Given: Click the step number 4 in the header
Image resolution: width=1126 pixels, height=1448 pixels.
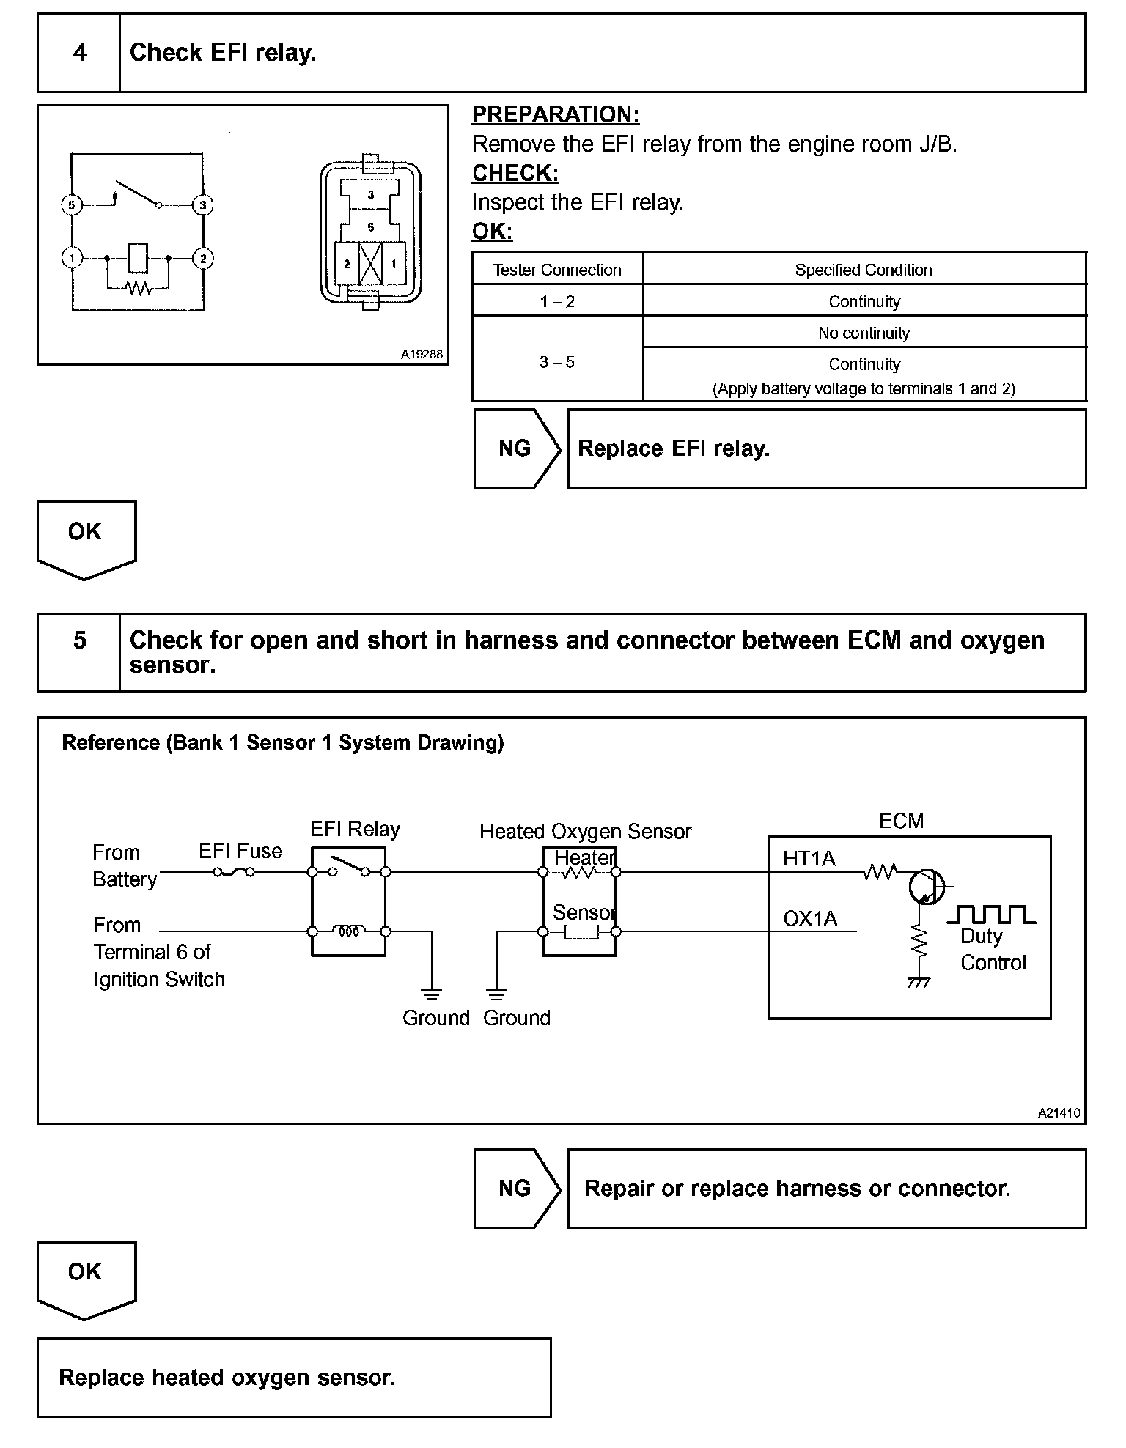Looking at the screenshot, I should pos(79,53).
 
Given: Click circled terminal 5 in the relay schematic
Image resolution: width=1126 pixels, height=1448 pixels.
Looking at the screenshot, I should pos(71,204).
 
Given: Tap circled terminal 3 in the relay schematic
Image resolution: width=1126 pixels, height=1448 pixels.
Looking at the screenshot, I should pos(202,204).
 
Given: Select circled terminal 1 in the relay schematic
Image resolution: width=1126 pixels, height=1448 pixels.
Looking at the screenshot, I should pos(71,258).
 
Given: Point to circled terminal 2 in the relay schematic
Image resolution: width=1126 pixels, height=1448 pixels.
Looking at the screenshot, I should pos(202,258).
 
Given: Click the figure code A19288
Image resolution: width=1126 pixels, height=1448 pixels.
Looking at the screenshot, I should pos(422,354).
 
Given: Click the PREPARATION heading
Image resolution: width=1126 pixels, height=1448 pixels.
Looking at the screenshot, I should pos(555,114).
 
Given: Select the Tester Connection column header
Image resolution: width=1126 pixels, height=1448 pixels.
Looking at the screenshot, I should pos(557,270).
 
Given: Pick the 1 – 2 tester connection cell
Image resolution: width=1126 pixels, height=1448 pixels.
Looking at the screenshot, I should pos(557,301).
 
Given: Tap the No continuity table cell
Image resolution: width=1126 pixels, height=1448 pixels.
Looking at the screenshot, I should pos(864,333).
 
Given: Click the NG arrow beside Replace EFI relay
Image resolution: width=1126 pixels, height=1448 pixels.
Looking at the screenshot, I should pos(516,448).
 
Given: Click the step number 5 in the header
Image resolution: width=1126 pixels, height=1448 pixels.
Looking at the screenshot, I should pos(79,640).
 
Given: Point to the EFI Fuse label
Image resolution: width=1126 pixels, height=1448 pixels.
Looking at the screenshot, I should pos(240,851).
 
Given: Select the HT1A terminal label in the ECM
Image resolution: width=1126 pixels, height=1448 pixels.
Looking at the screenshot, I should pos(809,858).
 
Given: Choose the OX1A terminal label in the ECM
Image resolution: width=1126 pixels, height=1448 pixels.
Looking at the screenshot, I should pos(810,918).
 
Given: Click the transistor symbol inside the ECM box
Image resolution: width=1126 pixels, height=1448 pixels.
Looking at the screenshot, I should pos(925,887).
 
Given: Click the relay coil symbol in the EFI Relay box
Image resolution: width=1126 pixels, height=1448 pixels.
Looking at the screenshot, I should pos(349,931).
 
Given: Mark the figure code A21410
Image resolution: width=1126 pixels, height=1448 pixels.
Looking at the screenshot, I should pos(1059,1112).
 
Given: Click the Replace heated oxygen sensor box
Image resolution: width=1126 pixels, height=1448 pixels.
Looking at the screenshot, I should pos(293,1378).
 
